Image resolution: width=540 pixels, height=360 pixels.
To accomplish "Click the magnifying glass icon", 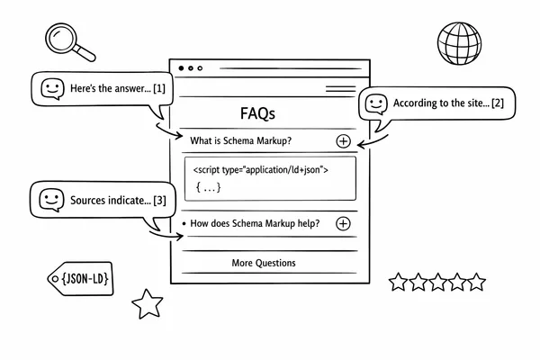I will pos(65,40).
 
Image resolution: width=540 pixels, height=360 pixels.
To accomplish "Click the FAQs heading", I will pos(258,114).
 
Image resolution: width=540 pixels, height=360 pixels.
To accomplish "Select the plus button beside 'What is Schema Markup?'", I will pos(343,140).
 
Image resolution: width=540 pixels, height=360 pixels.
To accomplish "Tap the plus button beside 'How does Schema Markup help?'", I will pos(342,224).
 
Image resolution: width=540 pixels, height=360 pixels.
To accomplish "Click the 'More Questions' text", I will pos(264,263).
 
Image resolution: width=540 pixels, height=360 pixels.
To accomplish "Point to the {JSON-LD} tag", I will pos(82,281).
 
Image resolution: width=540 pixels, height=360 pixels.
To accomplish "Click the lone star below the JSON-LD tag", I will pos(147,303).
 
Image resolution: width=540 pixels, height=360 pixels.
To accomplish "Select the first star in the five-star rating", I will pos(398,283).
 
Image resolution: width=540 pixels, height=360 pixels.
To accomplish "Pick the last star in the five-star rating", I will pos(477,283).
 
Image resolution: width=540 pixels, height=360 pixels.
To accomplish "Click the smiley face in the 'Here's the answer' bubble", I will pos(52,88).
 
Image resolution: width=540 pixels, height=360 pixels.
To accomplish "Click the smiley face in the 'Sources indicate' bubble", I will pos(51,199).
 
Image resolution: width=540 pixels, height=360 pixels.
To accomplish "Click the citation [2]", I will pos(498,105).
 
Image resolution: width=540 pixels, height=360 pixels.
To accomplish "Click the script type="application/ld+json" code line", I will pos(261,169).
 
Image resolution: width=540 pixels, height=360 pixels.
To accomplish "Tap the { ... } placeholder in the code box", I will pos(208,187).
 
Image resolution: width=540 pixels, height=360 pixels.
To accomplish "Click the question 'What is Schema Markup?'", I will pos(241,140).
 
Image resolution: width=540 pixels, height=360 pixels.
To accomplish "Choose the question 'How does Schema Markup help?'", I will pos(254,224).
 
